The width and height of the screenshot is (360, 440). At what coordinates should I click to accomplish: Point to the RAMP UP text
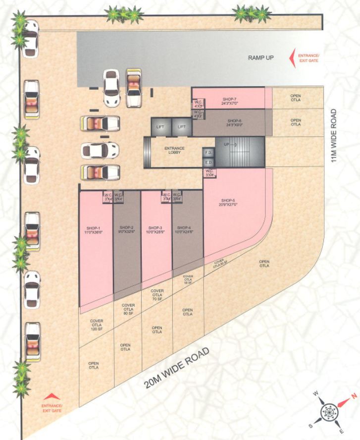tap(261, 58)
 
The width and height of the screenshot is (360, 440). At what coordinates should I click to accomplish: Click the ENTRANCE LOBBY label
tap(174, 150)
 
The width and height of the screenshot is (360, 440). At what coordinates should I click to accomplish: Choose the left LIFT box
tap(160, 127)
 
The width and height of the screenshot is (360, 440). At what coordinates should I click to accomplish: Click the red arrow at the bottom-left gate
tap(52, 396)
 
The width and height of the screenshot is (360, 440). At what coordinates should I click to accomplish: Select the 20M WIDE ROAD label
tap(177, 368)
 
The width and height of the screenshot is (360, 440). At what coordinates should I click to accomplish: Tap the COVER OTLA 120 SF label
tap(96, 325)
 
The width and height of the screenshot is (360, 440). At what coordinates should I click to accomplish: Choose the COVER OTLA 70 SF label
tap(157, 294)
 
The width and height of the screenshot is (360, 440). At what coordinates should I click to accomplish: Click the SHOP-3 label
tap(155, 228)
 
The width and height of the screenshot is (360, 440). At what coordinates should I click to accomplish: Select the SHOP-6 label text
tap(234, 121)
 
